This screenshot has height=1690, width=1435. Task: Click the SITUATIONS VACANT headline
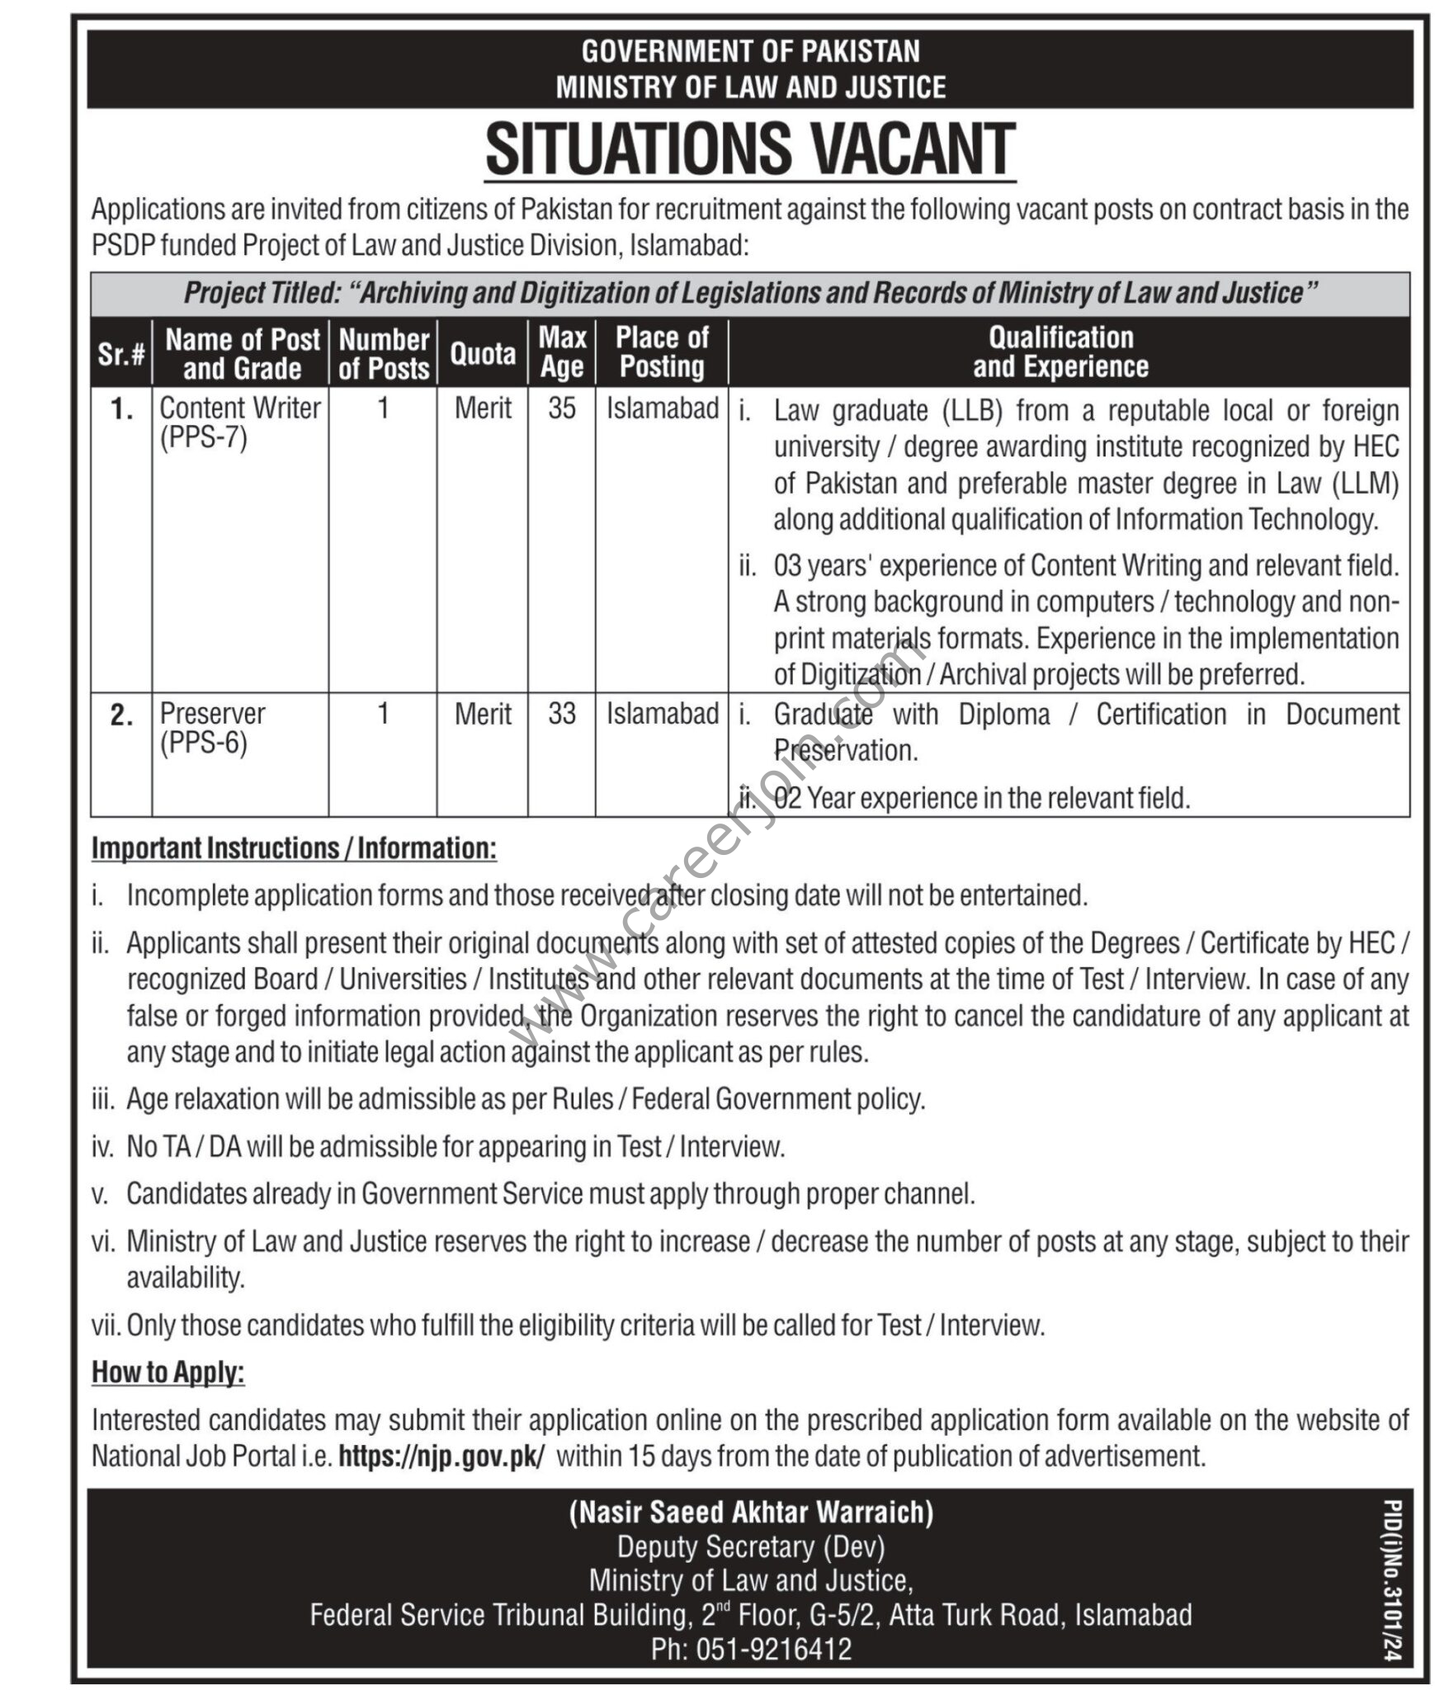tap(750, 149)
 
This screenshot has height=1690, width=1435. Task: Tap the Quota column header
tap(483, 354)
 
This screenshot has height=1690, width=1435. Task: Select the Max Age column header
tap(562, 352)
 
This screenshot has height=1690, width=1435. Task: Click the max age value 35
tap(562, 408)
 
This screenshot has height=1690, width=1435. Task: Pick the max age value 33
tap(562, 714)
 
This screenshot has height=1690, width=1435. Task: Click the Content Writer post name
tap(240, 408)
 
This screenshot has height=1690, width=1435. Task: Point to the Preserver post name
tap(212, 714)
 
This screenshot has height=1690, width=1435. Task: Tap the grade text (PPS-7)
tap(204, 437)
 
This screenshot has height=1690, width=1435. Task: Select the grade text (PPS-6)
tap(204, 744)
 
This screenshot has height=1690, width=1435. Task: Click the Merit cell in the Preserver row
tap(483, 714)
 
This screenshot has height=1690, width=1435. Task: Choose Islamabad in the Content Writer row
tap(663, 408)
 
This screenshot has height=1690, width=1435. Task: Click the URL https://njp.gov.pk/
tap(441, 1456)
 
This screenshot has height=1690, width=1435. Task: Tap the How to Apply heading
tap(168, 1372)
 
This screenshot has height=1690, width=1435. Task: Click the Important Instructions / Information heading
tap(294, 848)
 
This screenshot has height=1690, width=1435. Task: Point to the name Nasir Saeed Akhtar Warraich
tap(751, 1512)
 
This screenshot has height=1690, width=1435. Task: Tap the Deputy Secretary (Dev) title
tap(751, 1546)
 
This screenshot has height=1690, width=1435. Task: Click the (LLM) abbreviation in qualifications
tap(1366, 484)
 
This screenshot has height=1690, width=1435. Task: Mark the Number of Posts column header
tap(384, 354)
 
